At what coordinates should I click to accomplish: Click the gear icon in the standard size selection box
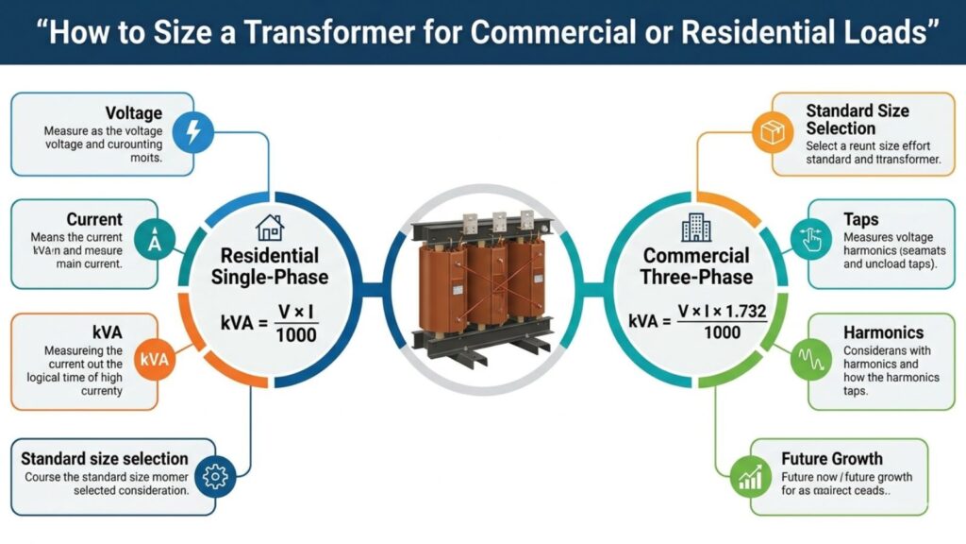[x=216, y=477]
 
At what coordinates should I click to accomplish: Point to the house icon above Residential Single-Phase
[x=269, y=227]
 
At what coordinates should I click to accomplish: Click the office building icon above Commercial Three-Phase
[x=695, y=228]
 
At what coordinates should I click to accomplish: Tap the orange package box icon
[x=773, y=133]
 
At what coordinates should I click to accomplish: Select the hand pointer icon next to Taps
[x=810, y=241]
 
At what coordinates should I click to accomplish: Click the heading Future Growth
[x=831, y=459]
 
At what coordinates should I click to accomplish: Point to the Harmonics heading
[x=883, y=332]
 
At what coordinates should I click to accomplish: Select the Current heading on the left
[x=94, y=219]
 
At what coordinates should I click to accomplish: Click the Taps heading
[x=861, y=219]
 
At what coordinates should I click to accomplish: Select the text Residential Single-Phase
[x=269, y=266]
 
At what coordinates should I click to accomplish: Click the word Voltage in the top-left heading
[x=133, y=113]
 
